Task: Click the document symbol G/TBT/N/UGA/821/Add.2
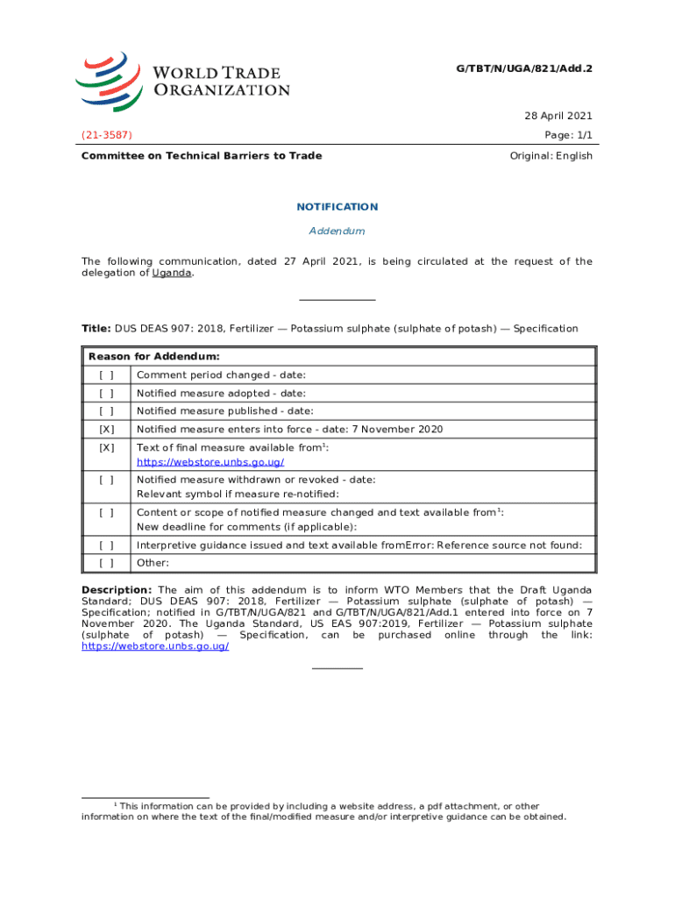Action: (x=524, y=67)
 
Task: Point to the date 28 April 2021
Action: (x=558, y=116)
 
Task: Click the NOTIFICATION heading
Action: (x=337, y=207)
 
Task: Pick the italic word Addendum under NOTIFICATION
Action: (x=337, y=231)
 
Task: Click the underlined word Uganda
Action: (x=172, y=273)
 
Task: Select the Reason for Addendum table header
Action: (x=153, y=357)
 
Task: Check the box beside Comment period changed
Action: (x=106, y=375)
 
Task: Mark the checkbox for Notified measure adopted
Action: (x=106, y=394)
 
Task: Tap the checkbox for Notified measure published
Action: (x=106, y=411)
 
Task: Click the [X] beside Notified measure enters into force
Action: (x=106, y=430)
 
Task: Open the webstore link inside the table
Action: (x=210, y=462)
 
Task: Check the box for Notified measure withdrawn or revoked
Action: (x=106, y=480)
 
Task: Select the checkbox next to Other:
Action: (x=106, y=563)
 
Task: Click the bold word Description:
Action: (x=117, y=589)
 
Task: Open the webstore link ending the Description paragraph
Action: (x=155, y=646)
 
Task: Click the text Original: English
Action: (x=551, y=156)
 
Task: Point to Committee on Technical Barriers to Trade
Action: (x=202, y=156)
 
